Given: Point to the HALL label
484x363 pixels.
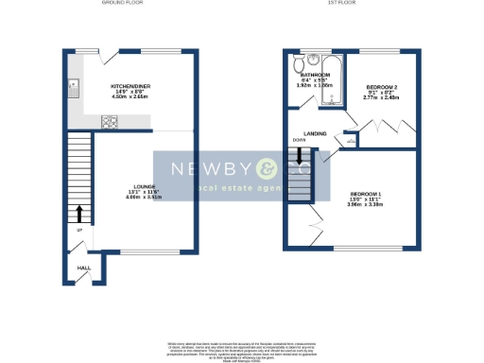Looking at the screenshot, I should [83, 268].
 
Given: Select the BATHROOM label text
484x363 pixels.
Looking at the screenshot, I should [315, 75].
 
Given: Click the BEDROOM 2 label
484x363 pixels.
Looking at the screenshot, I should [380, 86].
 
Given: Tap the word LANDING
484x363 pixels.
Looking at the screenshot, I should [315, 133].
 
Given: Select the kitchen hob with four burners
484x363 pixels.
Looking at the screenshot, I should [109, 120].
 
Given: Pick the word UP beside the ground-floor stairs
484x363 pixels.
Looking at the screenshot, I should [79, 231].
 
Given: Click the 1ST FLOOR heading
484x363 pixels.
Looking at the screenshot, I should [340, 4].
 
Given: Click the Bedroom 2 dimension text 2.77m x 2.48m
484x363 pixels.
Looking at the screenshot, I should [380, 97].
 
